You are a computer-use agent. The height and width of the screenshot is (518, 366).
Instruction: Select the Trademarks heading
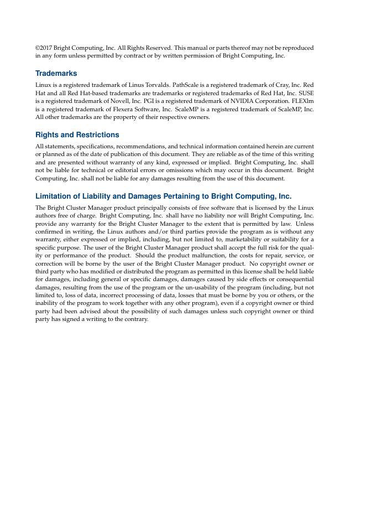pyautogui.click(x=56, y=74)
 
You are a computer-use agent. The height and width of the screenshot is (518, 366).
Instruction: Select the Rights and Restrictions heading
pyautogui.click(x=77, y=135)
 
